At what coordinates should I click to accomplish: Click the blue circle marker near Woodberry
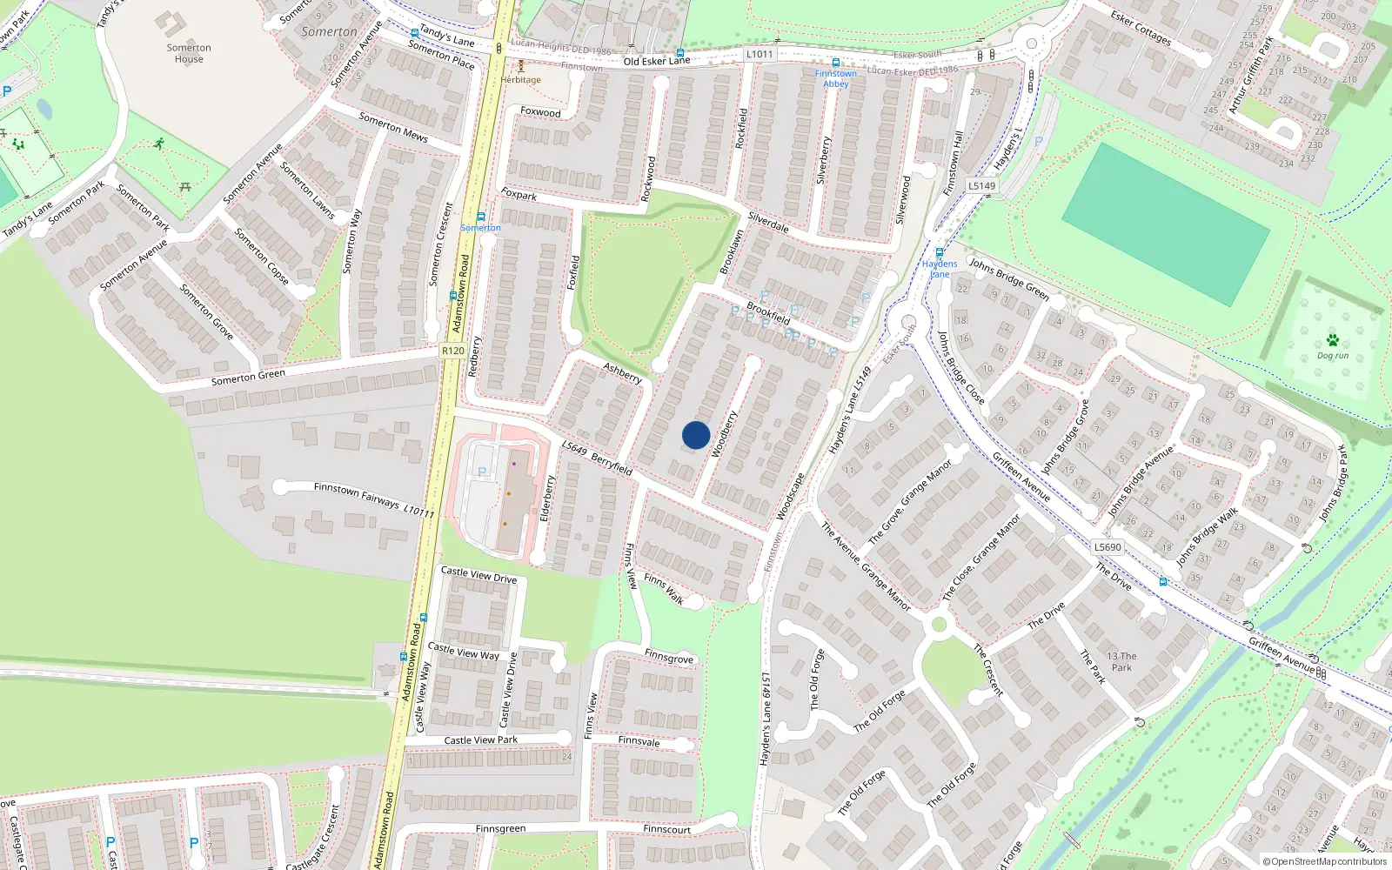[x=696, y=435]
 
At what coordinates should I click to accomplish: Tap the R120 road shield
[x=452, y=351]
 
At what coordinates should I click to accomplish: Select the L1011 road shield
[x=759, y=54]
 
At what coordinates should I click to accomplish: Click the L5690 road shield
[x=1108, y=547]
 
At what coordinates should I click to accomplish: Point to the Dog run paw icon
[x=1332, y=340]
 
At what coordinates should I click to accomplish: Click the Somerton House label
[x=189, y=54]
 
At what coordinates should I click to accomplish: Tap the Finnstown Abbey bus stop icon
[x=836, y=63]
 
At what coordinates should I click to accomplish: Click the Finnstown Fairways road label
[x=357, y=495]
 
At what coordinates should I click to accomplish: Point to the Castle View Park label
[x=480, y=740]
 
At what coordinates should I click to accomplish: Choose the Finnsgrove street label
[x=669, y=657]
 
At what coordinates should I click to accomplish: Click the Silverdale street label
[x=768, y=223]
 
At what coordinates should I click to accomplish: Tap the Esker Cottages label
[x=1141, y=28]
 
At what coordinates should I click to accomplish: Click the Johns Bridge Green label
[x=1009, y=279]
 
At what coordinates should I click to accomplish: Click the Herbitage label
[x=521, y=80]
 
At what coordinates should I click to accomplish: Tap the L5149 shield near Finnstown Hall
[x=981, y=185]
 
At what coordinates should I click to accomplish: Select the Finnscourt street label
[x=666, y=829]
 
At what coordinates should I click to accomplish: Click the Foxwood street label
[x=540, y=112]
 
